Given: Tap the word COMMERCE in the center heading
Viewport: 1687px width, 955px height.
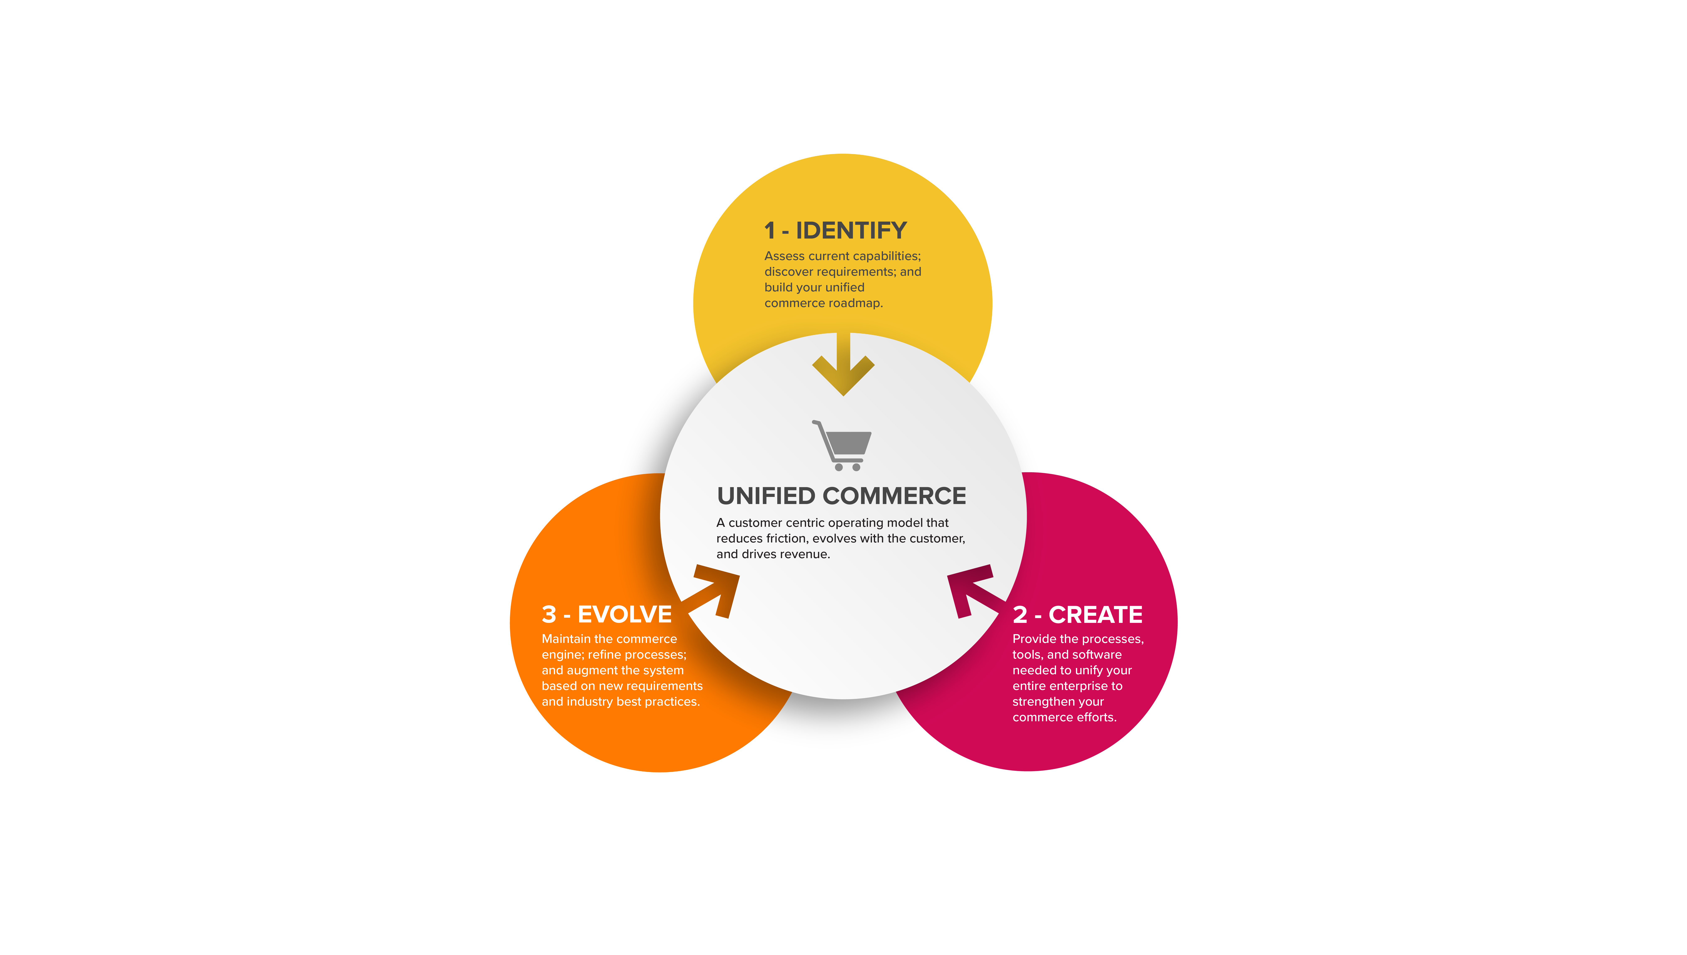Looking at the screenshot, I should point(894,496).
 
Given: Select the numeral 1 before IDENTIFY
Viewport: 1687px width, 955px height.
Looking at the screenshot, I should point(770,231).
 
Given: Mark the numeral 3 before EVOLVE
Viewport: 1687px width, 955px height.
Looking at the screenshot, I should point(549,615).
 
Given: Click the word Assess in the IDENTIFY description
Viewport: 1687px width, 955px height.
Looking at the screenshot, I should point(784,256).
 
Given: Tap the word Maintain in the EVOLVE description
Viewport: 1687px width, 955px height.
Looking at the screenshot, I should point(566,639).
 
